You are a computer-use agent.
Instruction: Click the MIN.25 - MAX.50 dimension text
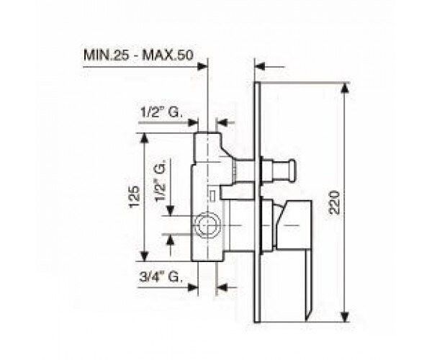pyautogui.click(x=138, y=55)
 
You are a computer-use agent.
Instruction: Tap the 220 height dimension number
pyautogui.click(x=333, y=202)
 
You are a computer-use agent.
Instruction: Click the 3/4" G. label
pyautogui.click(x=161, y=276)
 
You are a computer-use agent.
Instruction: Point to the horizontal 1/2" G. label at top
pyautogui.click(x=161, y=112)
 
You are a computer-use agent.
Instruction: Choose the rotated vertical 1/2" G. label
pyautogui.click(x=160, y=181)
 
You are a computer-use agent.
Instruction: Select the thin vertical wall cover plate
pyautogui.click(x=257, y=202)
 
